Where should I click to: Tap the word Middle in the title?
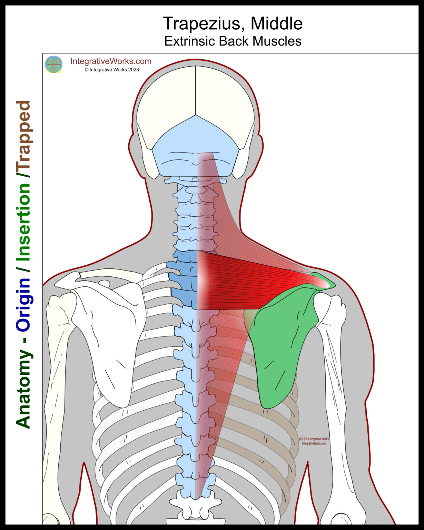(x=277, y=24)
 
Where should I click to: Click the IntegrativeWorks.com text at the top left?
(x=111, y=61)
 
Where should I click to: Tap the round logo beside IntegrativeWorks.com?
(x=53, y=64)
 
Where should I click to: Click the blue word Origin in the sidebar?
(x=23, y=304)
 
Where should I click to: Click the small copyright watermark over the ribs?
(x=314, y=441)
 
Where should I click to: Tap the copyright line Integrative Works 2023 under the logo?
(x=112, y=70)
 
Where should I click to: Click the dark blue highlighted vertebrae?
(x=183, y=279)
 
